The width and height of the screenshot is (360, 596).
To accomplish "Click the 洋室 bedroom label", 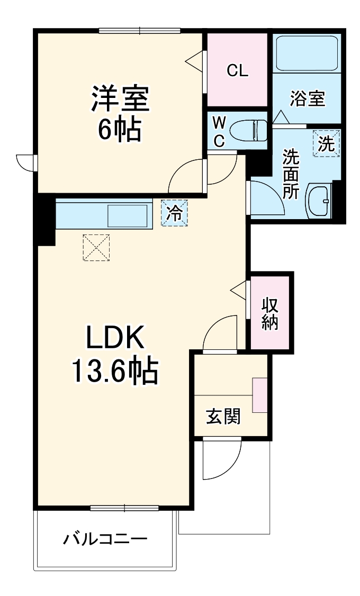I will click(121, 98).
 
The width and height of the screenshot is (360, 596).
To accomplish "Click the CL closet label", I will click(237, 70).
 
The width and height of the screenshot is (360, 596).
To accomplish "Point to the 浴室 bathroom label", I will click(308, 98).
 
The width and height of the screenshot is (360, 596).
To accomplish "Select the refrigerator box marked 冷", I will click(174, 213).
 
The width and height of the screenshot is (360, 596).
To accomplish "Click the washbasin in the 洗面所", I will click(319, 201).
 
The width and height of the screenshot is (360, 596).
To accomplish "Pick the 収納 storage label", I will click(270, 314).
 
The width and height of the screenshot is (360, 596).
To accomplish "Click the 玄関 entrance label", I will click(223, 417).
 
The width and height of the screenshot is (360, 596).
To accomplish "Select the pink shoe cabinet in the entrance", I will click(260, 395).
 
